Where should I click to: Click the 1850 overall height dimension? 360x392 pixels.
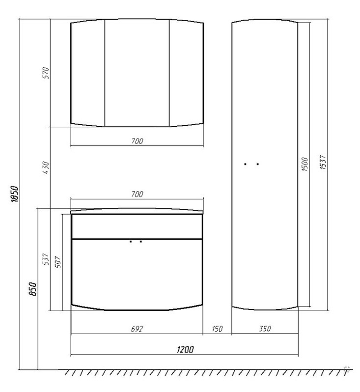click(x=15, y=194)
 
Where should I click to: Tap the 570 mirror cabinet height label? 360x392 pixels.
click(x=46, y=73)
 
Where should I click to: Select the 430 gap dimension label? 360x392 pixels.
click(x=46, y=168)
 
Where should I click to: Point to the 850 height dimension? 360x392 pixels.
click(x=33, y=289)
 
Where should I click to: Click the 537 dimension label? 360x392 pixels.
click(x=46, y=259)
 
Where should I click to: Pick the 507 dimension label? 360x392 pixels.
click(x=58, y=262)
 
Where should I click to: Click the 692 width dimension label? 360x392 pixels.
click(x=137, y=329)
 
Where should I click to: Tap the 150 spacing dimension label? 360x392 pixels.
click(x=217, y=329)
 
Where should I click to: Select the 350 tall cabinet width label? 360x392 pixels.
click(x=265, y=329)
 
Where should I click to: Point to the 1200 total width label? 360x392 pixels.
click(x=185, y=349)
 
